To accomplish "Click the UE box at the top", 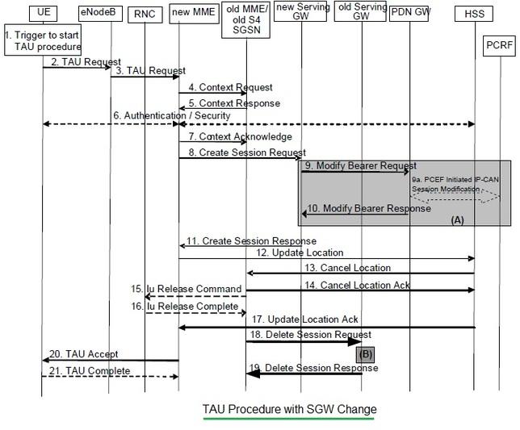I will pyautogui.click(x=43, y=14).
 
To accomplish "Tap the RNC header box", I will pyautogui.click(x=146, y=14).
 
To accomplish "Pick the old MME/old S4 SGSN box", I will pyautogui.click(x=246, y=18).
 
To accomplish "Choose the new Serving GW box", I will pyautogui.click(x=300, y=13).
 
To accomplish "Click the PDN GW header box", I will pyautogui.click(x=409, y=13).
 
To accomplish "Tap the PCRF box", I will pyautogui.click(x=499, y=41).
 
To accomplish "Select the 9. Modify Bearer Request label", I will pyautogui.click(x=361, y=165).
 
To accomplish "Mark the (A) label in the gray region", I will pyautogui.click(x=458, y=219).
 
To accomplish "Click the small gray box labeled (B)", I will pyautogui.click(x=365, y=353).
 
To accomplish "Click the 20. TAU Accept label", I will pyautogui.click(x=83, y=353).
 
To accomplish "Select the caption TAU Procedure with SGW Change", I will pyautogui.click(x=288, y=408).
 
